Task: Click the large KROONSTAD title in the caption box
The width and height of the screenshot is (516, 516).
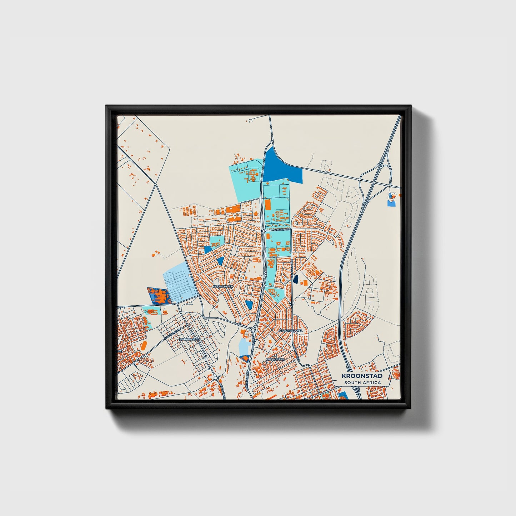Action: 362,376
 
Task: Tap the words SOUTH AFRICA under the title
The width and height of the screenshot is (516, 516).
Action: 362,383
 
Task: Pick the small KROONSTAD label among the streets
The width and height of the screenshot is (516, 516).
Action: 275,359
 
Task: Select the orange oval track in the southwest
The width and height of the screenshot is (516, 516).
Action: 144,346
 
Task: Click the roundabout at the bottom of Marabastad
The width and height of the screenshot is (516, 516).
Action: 216,378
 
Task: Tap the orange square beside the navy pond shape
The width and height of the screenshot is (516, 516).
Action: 305,283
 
